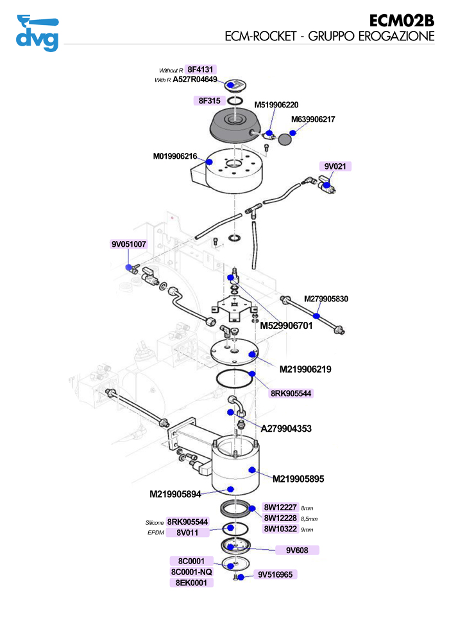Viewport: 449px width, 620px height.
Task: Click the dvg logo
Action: pos(37,33)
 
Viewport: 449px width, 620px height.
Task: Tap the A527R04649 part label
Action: pos(195,80)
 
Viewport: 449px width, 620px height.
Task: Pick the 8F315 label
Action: pos(209,101)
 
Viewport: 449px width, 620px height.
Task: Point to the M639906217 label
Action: pos(313,120)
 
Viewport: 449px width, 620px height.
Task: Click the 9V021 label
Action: pos(335,166)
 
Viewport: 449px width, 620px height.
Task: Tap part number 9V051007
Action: pos(129,245)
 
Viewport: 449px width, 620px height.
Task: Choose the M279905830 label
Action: pos(326,299)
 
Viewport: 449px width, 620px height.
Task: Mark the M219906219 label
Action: pos(305,369)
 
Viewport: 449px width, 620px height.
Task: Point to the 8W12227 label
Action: pos(280,508)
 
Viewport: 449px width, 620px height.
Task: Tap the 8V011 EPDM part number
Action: pos(187,533)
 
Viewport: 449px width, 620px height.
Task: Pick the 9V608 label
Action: pos(298,550)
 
